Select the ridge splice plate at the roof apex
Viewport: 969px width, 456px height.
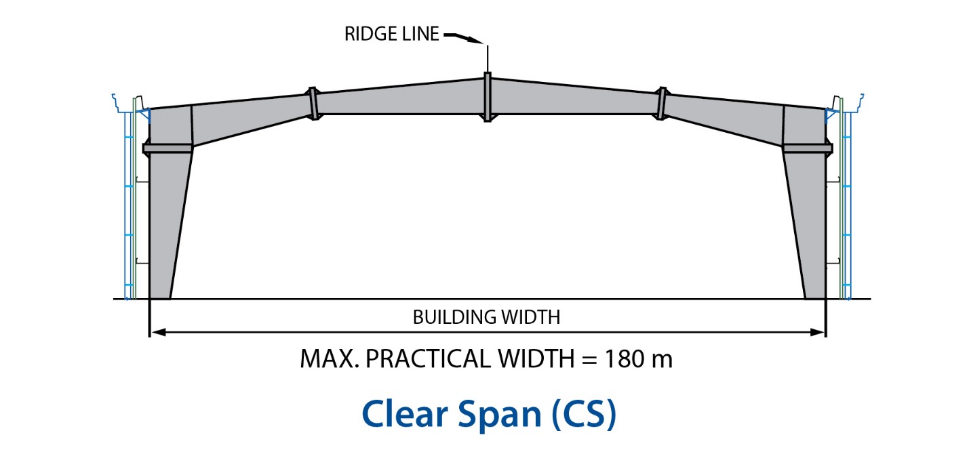click(487, 96)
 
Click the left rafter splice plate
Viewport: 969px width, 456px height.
click(313, 104)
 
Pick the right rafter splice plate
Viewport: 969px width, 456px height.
click(661, 104)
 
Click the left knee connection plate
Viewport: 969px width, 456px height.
click(168, 148)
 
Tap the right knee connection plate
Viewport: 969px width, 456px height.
click(807, 148)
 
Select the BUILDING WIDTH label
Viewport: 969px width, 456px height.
click(486, 317)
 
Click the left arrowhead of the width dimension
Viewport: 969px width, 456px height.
click(155, 332)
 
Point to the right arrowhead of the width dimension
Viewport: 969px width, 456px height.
click(819, 332)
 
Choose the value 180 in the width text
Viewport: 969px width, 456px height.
click(620, 358)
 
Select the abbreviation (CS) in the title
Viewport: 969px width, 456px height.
click(582, 413)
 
